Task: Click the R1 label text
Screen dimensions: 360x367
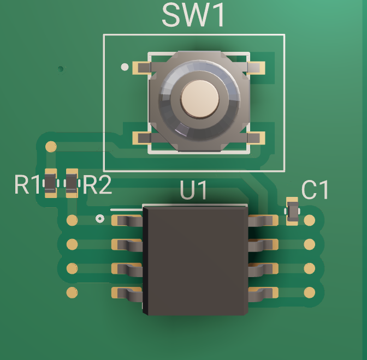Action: coord(27,185)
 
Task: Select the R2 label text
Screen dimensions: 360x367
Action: coord(98,185)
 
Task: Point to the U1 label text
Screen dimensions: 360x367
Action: coord(194,191)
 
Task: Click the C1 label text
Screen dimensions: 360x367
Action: coord(316,190)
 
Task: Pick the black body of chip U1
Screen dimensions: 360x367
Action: coord(195,259)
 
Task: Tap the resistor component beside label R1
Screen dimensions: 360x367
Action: coord(50,183)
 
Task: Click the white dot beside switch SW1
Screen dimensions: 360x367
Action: coord(125,67)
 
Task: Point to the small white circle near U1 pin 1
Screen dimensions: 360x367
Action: coord(100,219)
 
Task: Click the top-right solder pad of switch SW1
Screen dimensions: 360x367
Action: coord(256,68)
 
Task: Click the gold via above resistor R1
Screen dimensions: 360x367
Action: coord(51,146)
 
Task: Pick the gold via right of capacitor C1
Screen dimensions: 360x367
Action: coord(310,220)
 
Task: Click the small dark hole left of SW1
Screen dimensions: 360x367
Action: coord(61,69)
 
